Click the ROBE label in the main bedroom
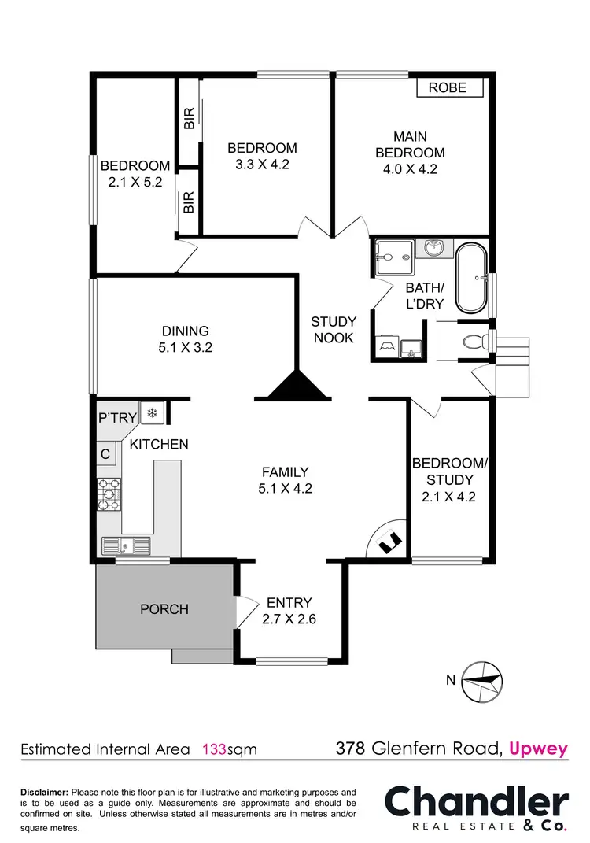pyautogui.click(x=448, y=87)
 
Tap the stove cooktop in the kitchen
pyautogui.click(x=109, y=494)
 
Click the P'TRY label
pyautogui.click(x=117, y=418)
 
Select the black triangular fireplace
pyautogui.click(x=299, y=386)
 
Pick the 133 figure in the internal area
pyautogui.click(x=214, y=749)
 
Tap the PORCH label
pyautogui.click(x=164, y=608)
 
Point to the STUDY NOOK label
pyautogui.click(x=334, y=330)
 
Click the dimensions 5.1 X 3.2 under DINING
pyautogui.click(x=186, y=346)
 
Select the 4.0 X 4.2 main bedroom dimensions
pyautogui.click(x=410, y=168)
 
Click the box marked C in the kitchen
pyautogui.click(x=105, y=453)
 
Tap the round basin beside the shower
pyautogui.click(x=434, y=249)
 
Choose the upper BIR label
pyautogui.click(x=189, y=120)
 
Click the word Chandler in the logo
pyautogui.click(x=477, y=802)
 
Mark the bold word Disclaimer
pyautogui.click(x=45, y=792)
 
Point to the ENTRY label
pyautogui.click(x=289, y=603)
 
